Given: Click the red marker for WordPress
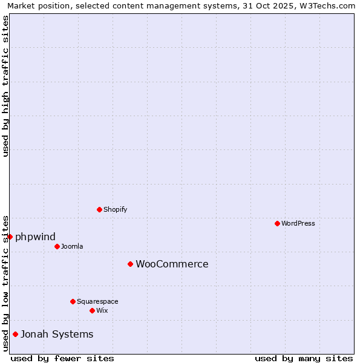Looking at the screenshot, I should (277, 223).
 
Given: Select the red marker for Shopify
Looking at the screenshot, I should (99, 209).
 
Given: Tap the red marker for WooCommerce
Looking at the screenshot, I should (130, 264).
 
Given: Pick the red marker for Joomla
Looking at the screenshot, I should (57, 246).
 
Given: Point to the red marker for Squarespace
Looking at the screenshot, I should (73, 301).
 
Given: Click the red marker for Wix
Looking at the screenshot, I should (92, 310).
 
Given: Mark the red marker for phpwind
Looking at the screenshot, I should (10, 237).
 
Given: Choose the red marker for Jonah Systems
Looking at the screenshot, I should (15, 334).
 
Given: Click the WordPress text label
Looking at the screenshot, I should (298, 223).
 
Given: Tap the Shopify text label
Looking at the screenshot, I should (115, 209).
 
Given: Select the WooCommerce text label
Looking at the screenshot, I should (172, 264).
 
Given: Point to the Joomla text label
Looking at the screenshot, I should (72, 246).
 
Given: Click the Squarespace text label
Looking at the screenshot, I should (97, 301).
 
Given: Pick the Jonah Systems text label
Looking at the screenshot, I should (57, 334).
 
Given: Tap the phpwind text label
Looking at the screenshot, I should (35, 237).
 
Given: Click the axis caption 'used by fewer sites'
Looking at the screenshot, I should (62, 358).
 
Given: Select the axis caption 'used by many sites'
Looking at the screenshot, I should (304, 358).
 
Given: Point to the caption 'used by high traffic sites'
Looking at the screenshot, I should (5, 86).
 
